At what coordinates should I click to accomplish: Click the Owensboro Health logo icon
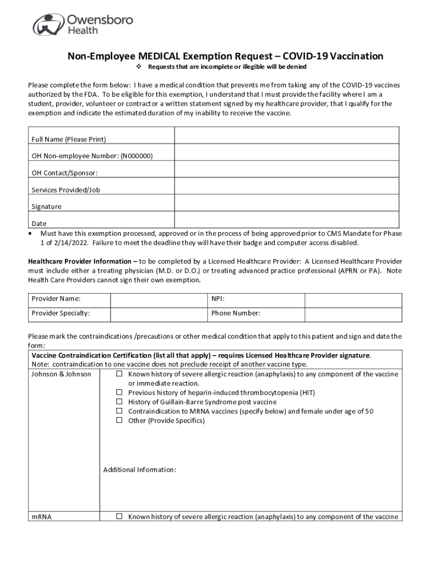point(48,24)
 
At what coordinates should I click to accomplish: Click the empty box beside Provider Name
point(159,300)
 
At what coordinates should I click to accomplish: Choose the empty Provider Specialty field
point(159,314)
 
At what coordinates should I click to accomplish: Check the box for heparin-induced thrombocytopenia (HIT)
point(119,393)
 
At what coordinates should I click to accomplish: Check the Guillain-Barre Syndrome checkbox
point(119,402)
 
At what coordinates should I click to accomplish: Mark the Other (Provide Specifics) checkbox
point(119,421)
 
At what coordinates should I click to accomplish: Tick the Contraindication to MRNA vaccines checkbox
point(119,411)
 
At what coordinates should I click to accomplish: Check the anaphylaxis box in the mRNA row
point(119,517)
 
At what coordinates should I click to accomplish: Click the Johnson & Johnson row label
point(61,374)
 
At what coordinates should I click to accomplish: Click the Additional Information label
point(139,470)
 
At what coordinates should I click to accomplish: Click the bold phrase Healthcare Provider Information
point(81,261)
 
